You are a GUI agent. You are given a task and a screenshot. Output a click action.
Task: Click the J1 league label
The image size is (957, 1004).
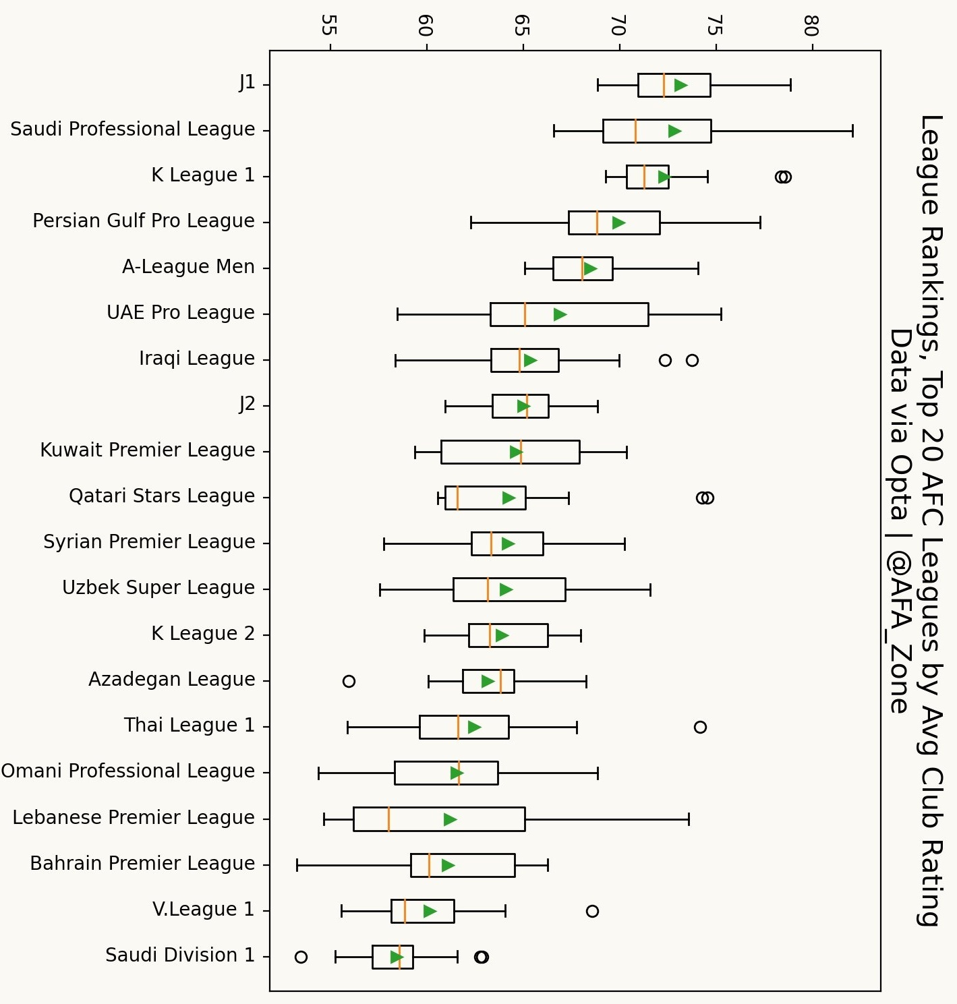click(247, 83)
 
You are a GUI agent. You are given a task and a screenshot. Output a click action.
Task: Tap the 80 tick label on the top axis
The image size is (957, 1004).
click(811, 26)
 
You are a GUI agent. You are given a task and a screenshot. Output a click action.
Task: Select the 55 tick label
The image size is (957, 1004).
click(329, 26)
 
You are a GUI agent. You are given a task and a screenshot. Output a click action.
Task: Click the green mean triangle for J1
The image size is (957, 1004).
click(680, 85)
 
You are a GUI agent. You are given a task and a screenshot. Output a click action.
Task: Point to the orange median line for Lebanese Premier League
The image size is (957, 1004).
click(389, 819)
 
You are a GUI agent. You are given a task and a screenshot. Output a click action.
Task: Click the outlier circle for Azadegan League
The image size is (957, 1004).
click(349, 681)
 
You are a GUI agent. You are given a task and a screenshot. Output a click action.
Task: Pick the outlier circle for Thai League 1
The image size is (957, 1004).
click(700, 727)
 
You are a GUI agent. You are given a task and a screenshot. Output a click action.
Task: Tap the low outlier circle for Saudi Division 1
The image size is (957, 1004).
click(301, 957)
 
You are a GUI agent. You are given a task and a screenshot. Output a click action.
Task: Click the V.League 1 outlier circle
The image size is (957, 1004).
click(592, 911)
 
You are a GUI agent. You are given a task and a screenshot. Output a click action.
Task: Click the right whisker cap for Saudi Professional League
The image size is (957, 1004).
click(852, 131)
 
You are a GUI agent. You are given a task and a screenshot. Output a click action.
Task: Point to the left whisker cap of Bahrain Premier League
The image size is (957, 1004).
click(297, 865)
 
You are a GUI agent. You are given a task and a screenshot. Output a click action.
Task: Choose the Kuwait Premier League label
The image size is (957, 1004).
click(147, 450)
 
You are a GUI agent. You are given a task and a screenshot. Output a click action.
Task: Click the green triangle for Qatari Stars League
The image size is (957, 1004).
click(509, 498)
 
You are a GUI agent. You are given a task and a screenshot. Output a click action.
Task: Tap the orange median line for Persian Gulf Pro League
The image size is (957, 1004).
click(598, 223)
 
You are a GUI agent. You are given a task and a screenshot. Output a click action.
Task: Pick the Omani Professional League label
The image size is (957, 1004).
click(127, 771)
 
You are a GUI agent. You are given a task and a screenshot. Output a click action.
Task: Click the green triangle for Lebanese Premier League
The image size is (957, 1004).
click(450, 819)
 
